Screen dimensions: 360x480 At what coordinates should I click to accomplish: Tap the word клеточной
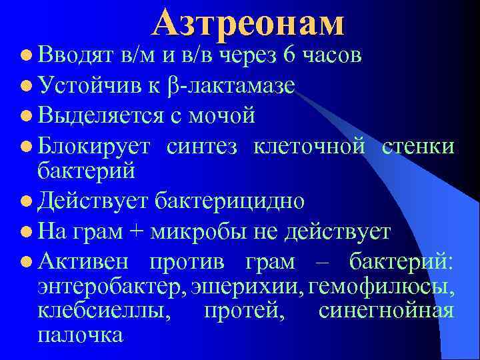click(309, 145)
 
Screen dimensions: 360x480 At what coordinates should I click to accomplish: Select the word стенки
click(418, 145)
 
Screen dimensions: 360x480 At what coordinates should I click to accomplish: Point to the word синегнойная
click(387, 311)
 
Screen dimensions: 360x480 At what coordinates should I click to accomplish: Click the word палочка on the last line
click(80, 334)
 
